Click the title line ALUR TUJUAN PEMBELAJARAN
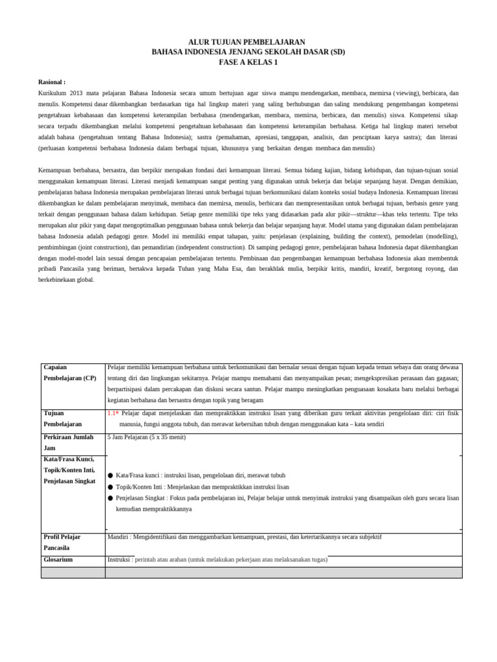[248, 41]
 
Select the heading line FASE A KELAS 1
[248, 62]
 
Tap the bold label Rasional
[52, 83]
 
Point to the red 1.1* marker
[113, 413]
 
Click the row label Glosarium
[58, 559]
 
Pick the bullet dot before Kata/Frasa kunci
[111, 476]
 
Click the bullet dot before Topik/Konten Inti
[111, 487]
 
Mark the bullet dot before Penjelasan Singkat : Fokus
[111, 498]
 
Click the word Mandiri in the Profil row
[120, 537]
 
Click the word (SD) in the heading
[336, 52]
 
